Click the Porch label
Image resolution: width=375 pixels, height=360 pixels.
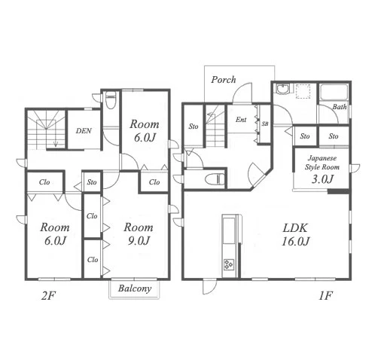223,80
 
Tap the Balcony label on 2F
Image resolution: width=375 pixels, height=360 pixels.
135,288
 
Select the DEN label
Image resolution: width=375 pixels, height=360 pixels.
84,130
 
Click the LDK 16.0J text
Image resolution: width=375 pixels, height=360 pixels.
295,234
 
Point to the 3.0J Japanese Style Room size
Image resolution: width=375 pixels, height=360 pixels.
322,179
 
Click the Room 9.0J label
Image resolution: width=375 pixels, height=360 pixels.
139,233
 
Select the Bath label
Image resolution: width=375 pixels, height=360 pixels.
340,107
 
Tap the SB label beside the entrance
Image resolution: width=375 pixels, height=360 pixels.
265,124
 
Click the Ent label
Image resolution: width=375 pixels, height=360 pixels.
241,120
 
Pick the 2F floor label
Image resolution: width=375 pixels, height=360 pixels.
48,296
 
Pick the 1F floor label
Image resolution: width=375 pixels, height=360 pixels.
325,296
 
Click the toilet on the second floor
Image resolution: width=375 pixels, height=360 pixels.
111,100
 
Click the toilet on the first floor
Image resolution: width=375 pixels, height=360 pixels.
215,179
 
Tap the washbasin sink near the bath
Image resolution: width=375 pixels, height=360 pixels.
283,90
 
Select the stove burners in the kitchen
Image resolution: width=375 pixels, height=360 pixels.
229,264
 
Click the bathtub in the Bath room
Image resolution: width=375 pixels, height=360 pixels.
334,93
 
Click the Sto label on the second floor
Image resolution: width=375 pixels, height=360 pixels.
92,182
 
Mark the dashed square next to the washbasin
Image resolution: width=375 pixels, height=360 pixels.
303,91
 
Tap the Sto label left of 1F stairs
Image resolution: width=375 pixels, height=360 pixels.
194,127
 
